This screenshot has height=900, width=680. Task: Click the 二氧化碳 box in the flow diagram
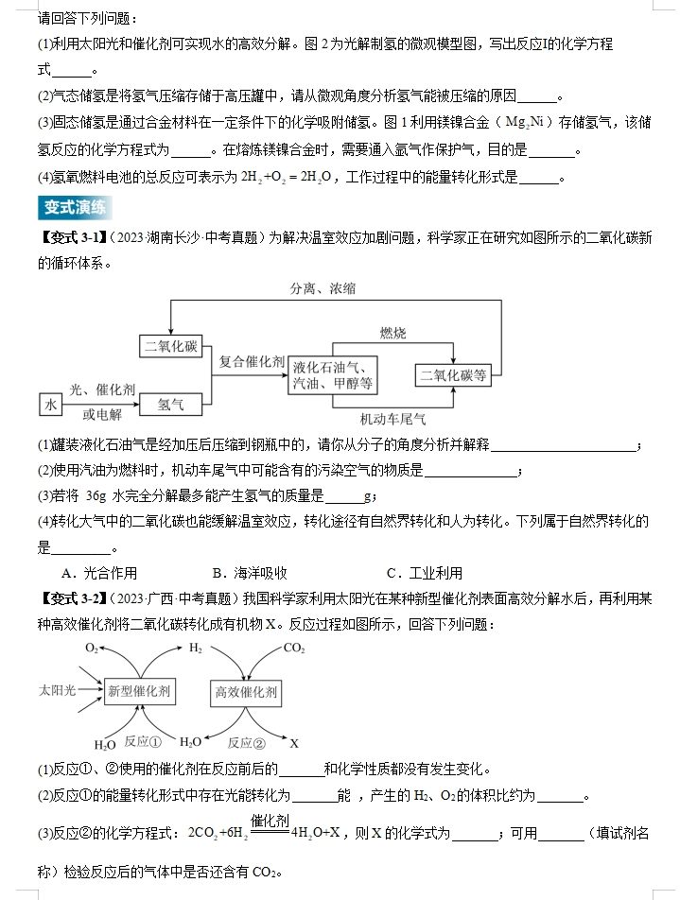(x=171, y=347)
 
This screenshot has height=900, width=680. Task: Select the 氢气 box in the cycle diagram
(x=171, y=404)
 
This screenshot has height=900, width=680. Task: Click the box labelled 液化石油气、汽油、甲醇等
(x=334, y=375)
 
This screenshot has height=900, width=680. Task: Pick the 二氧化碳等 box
(x=453, y=375)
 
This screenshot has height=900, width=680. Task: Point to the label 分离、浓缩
(x=323, y=289)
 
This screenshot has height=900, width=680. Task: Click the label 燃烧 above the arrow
(x=393, y=333)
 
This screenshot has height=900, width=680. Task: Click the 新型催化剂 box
(x=138, y=691)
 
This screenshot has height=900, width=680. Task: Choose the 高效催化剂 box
(x=246, y=692)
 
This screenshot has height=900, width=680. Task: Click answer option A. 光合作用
(x=98, y=573)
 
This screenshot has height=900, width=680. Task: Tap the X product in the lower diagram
(x=294, y=742)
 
